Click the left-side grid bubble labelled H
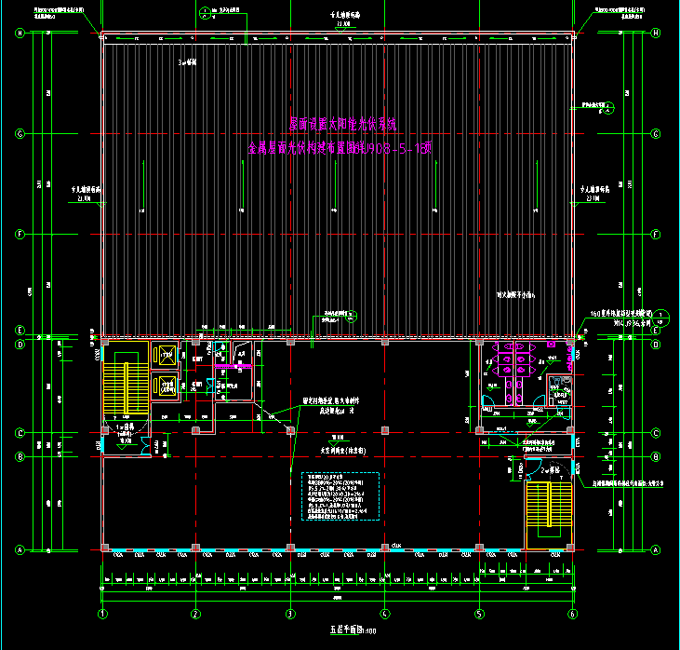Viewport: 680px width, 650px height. point(19,34)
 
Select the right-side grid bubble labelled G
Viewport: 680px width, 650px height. point(656,133)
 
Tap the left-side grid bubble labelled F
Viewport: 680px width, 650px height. point(19,234)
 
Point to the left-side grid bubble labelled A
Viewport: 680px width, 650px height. point(19,549)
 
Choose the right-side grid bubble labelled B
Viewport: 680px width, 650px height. point(656,456)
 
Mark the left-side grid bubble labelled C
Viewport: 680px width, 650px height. point(19,432)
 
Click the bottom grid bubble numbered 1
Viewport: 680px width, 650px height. point(103,614)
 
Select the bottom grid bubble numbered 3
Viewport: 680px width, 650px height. point(290,614)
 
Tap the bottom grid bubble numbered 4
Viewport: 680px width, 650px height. point(385,614)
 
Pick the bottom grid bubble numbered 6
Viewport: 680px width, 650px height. point(573,614)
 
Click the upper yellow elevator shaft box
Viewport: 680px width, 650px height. point(167,356)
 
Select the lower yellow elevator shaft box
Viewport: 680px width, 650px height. point(167,385)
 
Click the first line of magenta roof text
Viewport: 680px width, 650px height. point(341,124)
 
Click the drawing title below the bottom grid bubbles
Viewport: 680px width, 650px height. point(344,630)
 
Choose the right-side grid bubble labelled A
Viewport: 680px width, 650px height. point(656,549)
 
